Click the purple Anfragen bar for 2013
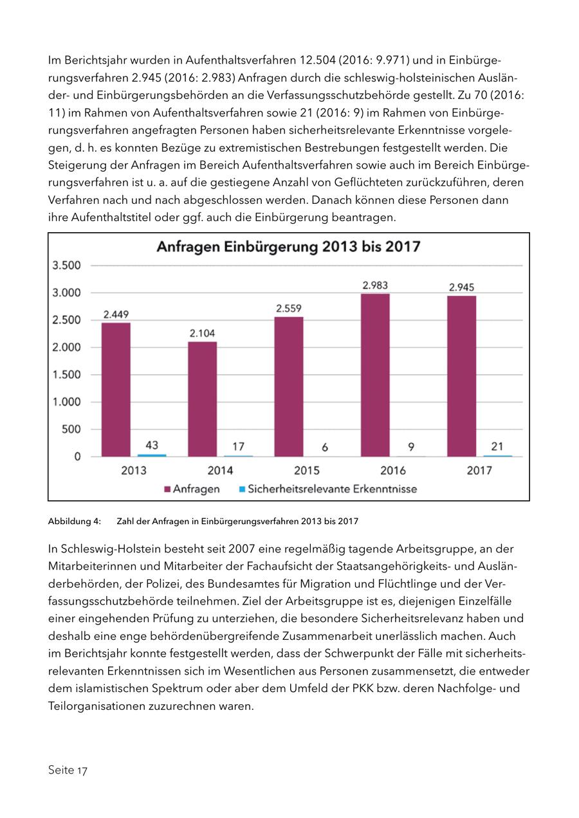pyautogui.click(x=116, y=389)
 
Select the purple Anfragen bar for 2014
pyautogui.click(x=202, y=399)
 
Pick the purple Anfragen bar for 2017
pyautogui.click(x=461, y=376)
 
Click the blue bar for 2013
pyautogui.click(x=152, y=455)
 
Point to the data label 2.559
pyautogui.click(x=289, y=309)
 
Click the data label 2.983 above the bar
pyautogui.click(x=375, y=286)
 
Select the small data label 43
pyautogui.click(x=152, y=444)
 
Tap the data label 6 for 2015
pyautogui.click(x=325, y=447)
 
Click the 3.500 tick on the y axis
pyautogui.click(x=67, y=266)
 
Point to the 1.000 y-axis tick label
pyautogui.click(x=67, y=402)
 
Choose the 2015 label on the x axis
pyautogui.click(x=307, y=471)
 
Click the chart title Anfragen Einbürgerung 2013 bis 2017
pyautogui.click(x=289, y=247)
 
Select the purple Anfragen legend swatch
pyautogui.click(x=167, y=489)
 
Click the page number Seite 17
pyautogui.click(x=68, y=770)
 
